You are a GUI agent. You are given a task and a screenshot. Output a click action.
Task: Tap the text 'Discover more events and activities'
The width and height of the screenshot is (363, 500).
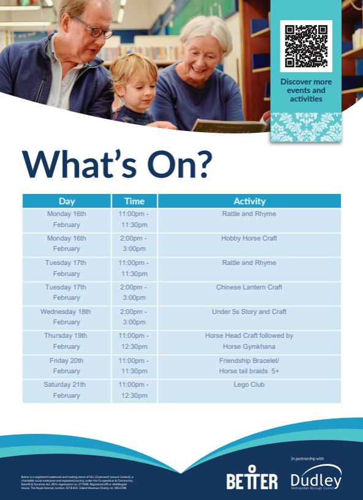306,90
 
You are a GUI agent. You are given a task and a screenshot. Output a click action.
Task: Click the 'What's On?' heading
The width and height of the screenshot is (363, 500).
118,163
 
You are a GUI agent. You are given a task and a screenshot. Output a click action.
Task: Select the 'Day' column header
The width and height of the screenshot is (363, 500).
67,201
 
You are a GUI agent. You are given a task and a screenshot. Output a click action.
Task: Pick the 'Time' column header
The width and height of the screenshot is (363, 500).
134,201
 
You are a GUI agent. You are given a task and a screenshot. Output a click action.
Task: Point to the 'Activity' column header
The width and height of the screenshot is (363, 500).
249,201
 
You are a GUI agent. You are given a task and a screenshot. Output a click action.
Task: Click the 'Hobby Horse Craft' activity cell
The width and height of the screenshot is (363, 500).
249,238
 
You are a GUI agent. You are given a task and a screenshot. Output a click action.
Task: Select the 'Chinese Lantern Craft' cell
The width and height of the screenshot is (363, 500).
249,287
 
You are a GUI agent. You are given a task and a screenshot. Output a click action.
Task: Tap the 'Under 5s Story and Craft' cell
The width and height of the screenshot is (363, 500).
249,312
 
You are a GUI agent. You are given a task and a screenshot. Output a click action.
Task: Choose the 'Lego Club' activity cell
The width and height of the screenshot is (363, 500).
249,385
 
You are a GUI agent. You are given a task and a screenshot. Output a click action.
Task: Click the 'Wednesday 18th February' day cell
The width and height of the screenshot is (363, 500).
66,317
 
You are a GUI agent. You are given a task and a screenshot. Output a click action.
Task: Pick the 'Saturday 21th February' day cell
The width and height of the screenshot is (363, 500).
66,390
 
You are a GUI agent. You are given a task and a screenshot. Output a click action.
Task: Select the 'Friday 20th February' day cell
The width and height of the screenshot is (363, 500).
66,366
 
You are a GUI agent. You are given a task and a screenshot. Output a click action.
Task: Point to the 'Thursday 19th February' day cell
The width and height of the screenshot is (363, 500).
66,341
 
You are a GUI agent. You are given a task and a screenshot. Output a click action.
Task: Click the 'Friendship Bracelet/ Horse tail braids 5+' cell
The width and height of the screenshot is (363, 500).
249,366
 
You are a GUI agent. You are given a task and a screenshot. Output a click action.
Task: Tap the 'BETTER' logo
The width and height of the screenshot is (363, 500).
252,480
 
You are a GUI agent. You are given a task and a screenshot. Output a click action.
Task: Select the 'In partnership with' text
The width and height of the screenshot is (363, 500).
308,458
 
